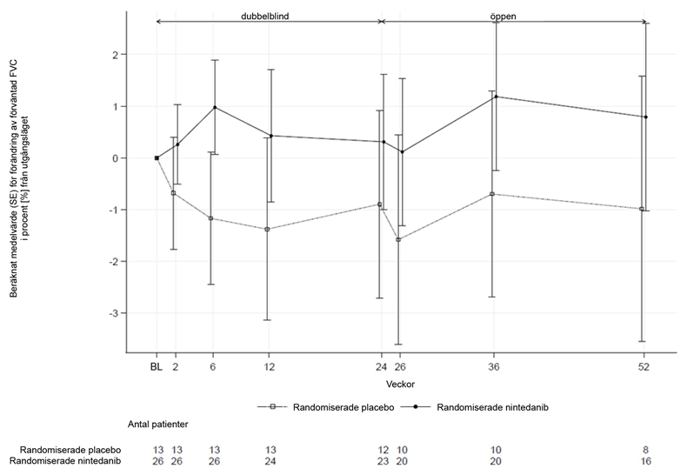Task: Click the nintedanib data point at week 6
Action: point(214,107)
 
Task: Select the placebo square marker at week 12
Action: point(267,230)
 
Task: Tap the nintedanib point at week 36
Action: point(496,97)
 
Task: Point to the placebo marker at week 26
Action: point(398,239)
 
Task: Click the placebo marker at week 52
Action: point(642,209)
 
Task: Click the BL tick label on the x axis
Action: point(156,367)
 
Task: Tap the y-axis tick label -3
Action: point(110,313)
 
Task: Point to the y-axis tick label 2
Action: point(113,55)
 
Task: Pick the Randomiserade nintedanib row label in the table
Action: point(70,460)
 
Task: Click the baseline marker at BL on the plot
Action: point(157,158)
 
